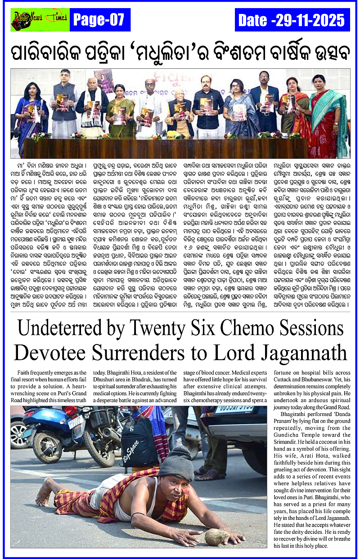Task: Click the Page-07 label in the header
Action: point(98,20)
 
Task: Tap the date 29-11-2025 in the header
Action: point(292,20)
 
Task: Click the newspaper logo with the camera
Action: point(40,19)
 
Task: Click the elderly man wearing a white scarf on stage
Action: point(93,106)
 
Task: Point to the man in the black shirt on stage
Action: point(208,106)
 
